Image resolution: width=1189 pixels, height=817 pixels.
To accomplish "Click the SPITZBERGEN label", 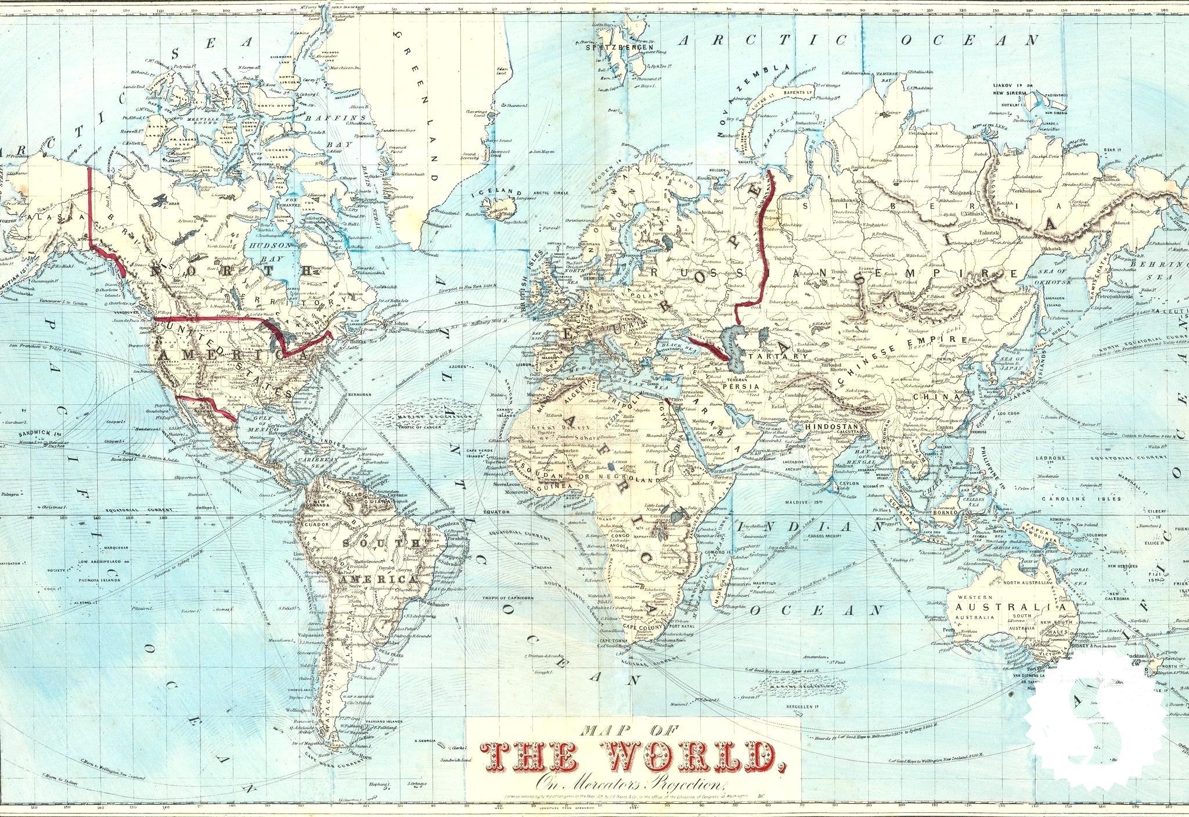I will click(x=607, y=48).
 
